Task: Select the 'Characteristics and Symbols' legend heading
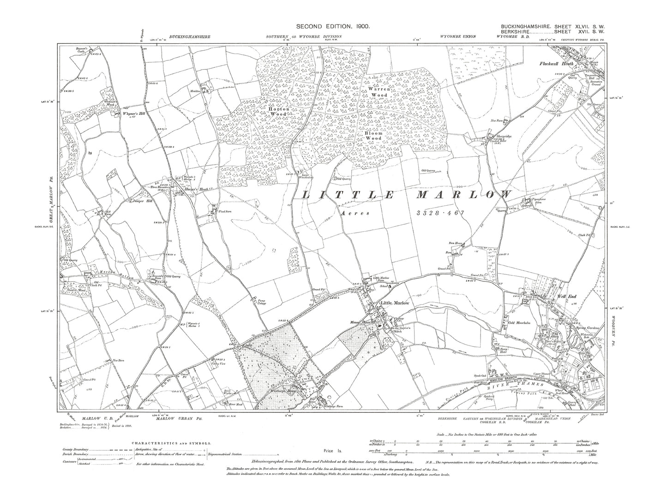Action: point(172,442)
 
